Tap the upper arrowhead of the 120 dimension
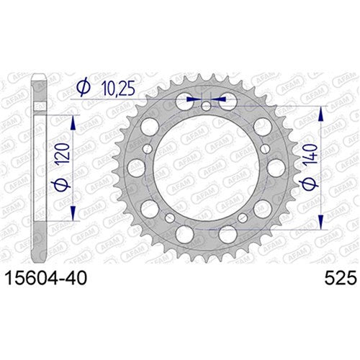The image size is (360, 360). [73, 120]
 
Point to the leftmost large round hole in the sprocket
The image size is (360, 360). [134, 168]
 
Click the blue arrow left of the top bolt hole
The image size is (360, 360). [192, 98]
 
